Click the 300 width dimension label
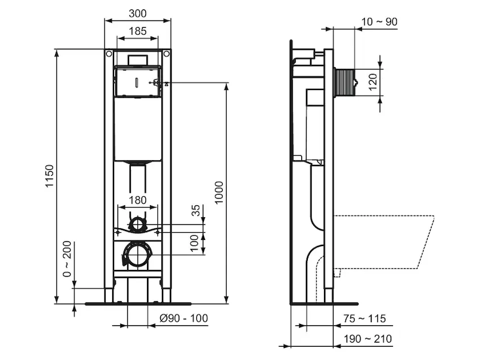tap(137, 13)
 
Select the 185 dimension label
tap(137, 31)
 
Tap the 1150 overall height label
tap(49, 176)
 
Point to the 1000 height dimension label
tap(219, 193)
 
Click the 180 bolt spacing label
tap(137, 200)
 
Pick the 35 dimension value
tap(196, 211)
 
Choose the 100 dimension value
tap(194, 244)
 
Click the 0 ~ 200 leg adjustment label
tap(67, 259)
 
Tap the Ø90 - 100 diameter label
tap(184, 318)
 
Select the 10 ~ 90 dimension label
tap(379, 22)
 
